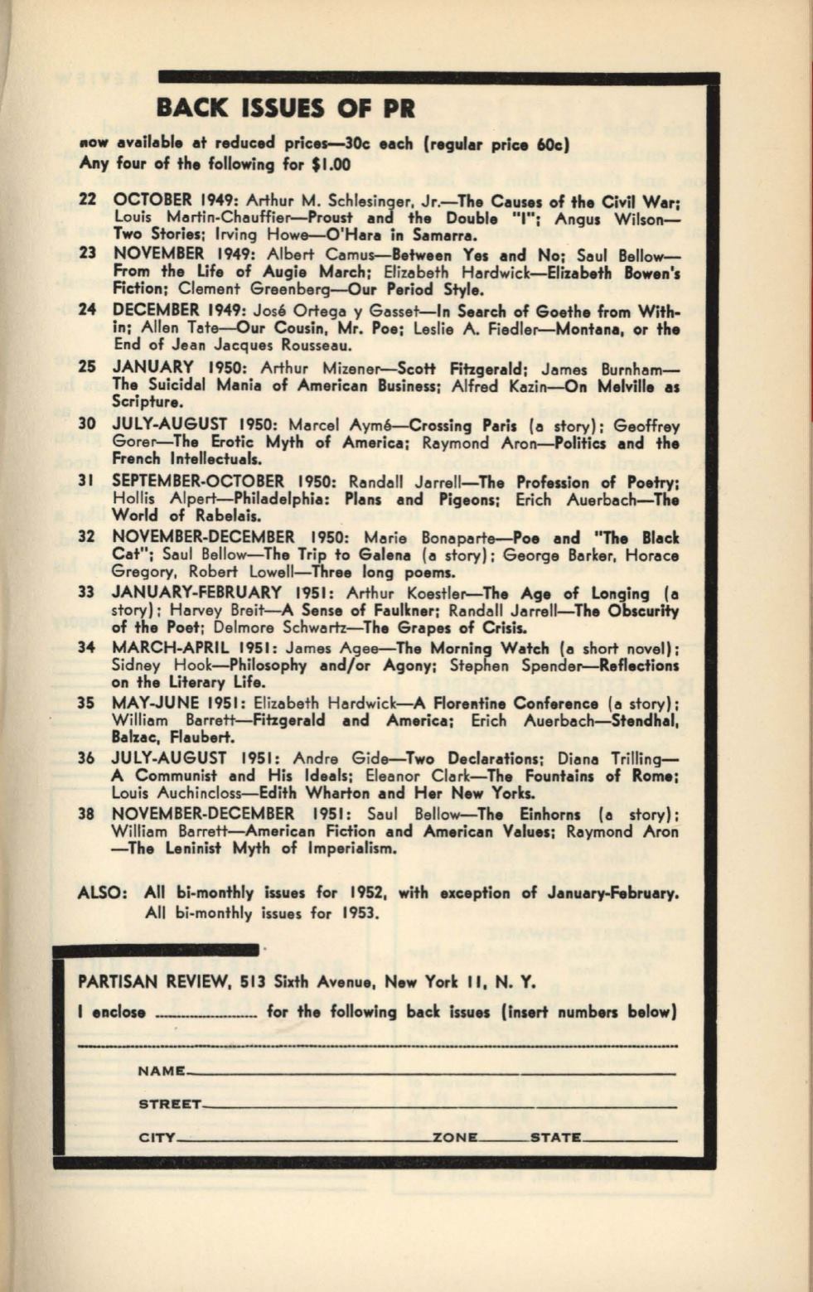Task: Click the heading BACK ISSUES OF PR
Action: pos(285,108)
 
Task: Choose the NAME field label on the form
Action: pos(162,1072)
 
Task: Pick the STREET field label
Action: pos(170,1105)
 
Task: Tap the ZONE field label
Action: pos(454,1138)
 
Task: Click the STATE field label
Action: pos(554,1138)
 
